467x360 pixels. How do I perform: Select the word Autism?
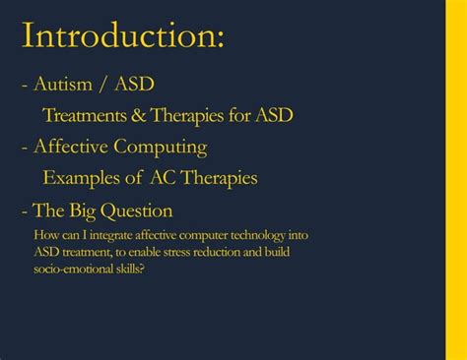point(61,85)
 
